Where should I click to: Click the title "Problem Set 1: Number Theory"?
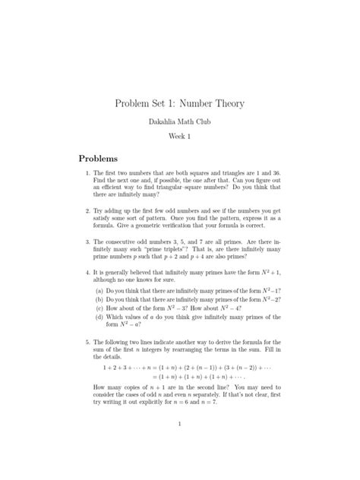click(x=179, y=103)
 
